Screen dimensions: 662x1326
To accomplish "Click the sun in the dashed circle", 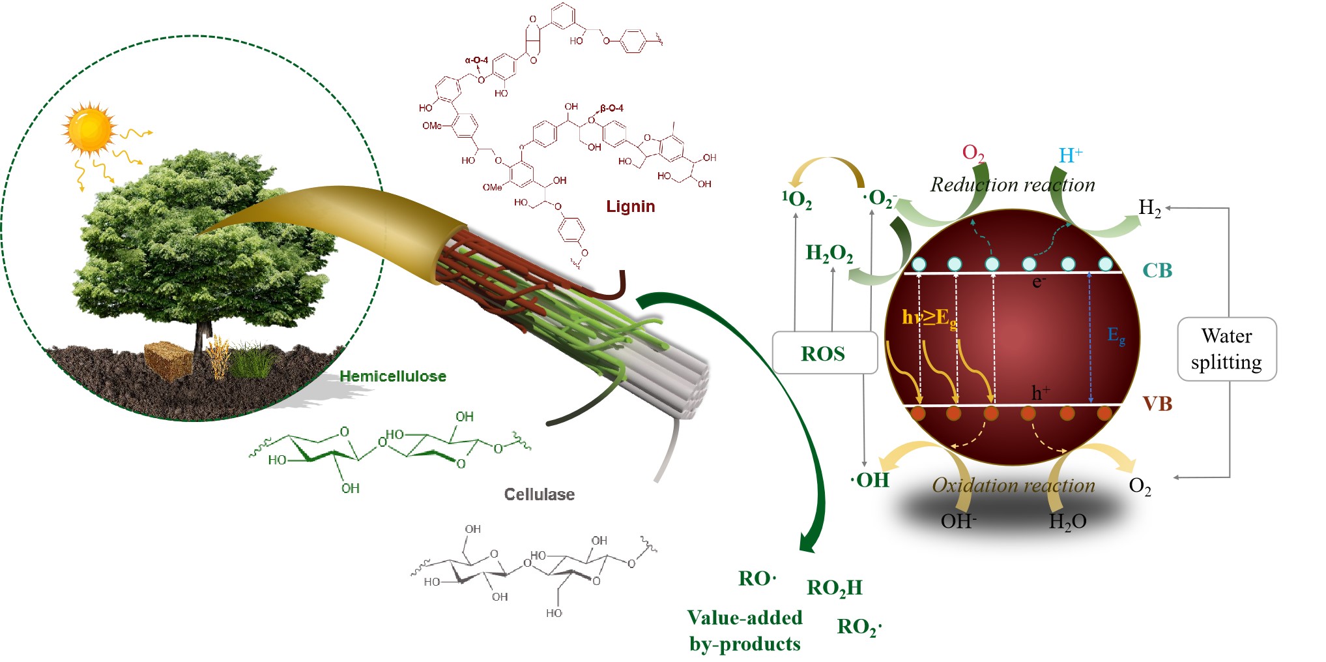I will (90, 129).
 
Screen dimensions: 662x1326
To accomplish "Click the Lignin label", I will (630, 207).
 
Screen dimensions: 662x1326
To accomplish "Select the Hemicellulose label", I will (393, 376).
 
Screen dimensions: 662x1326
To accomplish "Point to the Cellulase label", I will (540, 494).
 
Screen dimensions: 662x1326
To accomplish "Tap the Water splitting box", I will (1226, 349).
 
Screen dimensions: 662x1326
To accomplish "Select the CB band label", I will (1157, 270).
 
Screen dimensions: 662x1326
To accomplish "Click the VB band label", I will (1157, 404).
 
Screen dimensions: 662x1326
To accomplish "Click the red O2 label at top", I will (973, 153).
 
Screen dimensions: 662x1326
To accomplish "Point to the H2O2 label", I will (829, 253).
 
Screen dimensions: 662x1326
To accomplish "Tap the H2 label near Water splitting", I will (1149, 208).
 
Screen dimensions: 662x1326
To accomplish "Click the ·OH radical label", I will (870, 480).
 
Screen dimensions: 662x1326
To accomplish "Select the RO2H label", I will (834, 588).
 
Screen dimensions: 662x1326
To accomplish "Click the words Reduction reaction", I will (1012, 185).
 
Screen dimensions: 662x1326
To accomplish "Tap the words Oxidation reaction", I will (1013, 485).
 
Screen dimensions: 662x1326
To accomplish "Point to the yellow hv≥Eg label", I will (929, 318).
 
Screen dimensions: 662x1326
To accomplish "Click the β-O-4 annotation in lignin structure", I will (612, 108).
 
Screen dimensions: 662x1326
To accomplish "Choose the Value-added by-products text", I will (745, 631).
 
